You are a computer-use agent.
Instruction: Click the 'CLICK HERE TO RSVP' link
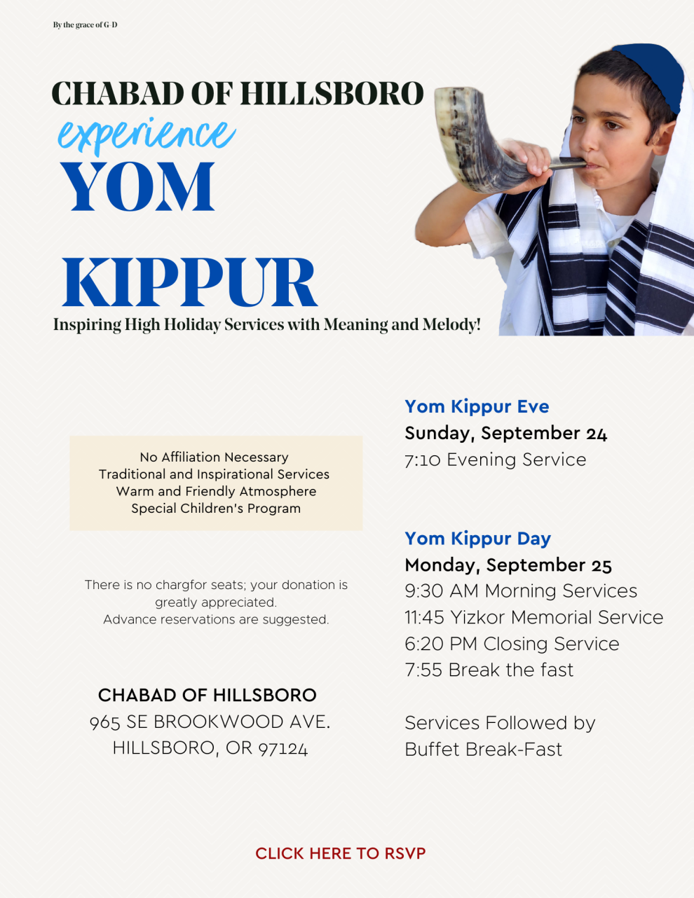pyautogui.click(x=340, y=853)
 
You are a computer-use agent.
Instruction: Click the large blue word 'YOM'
pyautogui.click(x=137, y=186)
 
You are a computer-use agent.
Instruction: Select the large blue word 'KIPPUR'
pyautogui.click(x=189, y=282)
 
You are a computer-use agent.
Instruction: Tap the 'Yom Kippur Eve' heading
pyautogui.click(x=477, y=406)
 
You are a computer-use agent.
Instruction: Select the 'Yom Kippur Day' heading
pyautogui.click(x=477, y=538)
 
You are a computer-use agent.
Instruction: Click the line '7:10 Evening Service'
pyautogui.click(x=495, y=460)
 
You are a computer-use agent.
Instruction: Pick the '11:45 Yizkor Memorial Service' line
pyautogui.click(x=533, y=617)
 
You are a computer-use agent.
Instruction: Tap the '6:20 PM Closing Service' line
pyautogui.click(x=512, y=644)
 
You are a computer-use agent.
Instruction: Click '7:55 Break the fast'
pyautogui.click(x=489, y=670)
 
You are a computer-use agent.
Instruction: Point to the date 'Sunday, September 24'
pyautogui.click(x=505, y=433)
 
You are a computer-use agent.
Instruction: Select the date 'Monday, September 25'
pyautogui.click(x=508, y=565)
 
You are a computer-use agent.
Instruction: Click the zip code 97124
pyautogui.click(x=283, y=748)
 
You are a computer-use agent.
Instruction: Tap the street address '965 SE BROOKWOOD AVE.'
pyautogui.click(x=210, y=721)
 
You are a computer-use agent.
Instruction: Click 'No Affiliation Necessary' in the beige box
pyautogui.click(x=214, y=457)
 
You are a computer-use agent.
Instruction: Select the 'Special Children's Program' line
pyautogui.click(x=216, y=508)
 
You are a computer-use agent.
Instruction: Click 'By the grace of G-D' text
pyautogui.click(x=85, y=25)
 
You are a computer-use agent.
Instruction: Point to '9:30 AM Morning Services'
pyautogui.click(x=521, y=590)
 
